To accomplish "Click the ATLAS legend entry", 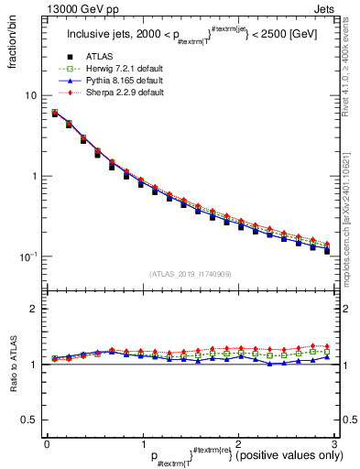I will click(x=102, y=58).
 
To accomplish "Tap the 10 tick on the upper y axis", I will click(x=31, y=95).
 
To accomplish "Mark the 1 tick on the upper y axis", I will click(x=34, y=176).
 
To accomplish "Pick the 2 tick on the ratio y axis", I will click(x=34, y=309).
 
